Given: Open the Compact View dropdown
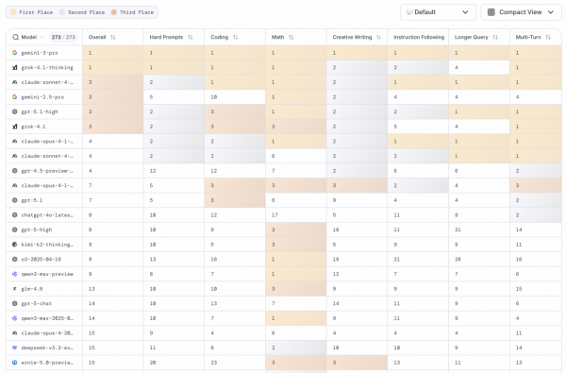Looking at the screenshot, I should (521, 12).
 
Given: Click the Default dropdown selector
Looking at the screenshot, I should (438, 12).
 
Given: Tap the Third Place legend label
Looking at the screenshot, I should (136, 12).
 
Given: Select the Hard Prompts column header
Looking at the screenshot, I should (167, 37).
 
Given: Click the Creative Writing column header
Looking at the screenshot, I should (351, 37).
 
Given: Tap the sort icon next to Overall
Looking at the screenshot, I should (113, 37).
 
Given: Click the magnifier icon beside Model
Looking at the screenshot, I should (15, 37).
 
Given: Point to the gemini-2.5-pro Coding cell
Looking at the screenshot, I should (214, 96).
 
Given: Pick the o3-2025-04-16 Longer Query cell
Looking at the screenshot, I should (457, 258).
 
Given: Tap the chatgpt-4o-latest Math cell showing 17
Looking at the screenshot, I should (274, 213).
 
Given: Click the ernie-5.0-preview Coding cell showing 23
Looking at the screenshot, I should (215, 361).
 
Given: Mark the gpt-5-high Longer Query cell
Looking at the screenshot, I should (457, 229).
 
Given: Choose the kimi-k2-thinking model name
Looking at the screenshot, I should (46, 244).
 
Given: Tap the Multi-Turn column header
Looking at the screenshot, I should (528, 37).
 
